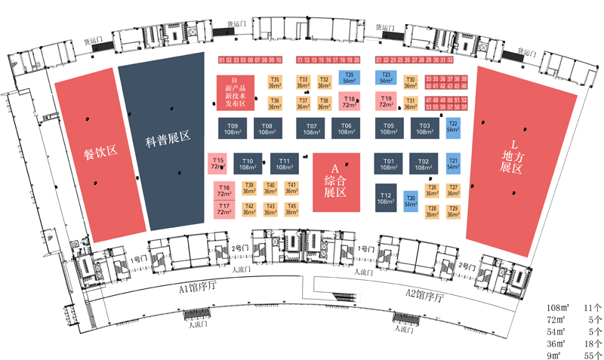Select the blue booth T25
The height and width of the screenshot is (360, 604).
(349, 77)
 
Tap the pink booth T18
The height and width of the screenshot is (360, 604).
(349, 101)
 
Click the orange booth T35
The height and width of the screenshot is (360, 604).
(275, 82)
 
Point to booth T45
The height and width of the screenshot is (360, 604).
(291, 209)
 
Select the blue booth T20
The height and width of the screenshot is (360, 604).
(411, 200)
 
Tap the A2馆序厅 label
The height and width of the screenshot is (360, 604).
(426, 293)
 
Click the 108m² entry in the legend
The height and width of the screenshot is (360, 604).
(557, 309)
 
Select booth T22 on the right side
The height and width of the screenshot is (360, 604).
(453, 127)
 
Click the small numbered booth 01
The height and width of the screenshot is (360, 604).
(222, 60)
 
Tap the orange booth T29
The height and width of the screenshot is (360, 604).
(453, 211)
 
